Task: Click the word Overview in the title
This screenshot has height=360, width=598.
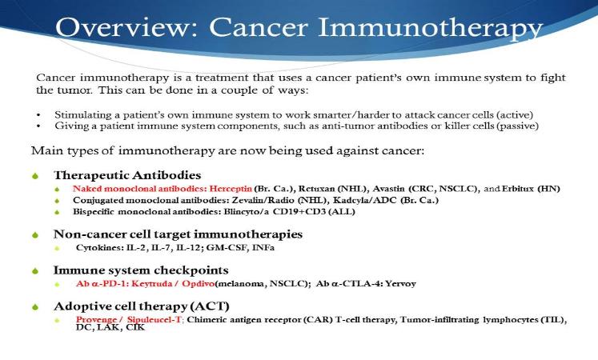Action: click(126, 27)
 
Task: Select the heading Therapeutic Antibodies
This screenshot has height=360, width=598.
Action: click(127, 175)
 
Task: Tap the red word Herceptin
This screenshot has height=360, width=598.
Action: click(231, 189)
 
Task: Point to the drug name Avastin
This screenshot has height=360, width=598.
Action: click(388, 189)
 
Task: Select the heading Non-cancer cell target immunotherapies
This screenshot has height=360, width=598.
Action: click(178, 234)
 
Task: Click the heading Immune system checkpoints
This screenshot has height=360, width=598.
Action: click(141, 270)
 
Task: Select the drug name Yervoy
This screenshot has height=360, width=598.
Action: click(400, 284)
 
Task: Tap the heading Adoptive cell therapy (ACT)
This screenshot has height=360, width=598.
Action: click(142, 306)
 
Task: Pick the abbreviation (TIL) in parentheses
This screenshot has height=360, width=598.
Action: click(554, 320)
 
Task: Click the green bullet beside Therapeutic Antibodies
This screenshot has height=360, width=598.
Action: click(35, 176)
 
